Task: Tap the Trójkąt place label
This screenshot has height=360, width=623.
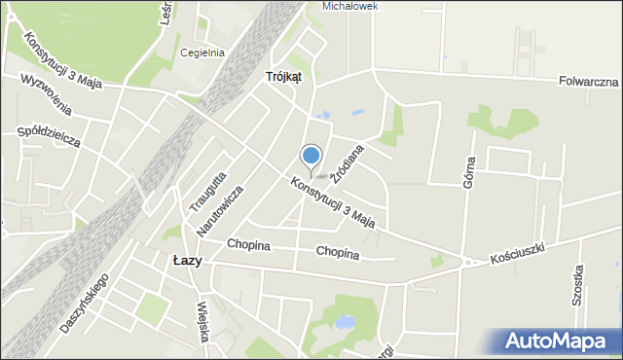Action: (283, 76)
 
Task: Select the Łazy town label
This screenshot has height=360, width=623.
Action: (186, 260)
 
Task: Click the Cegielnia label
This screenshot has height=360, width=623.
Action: (202, 54)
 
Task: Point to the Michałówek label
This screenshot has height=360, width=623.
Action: (350, 6)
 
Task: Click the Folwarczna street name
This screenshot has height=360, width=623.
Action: (590, 83)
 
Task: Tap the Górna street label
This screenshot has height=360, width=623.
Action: (469, 171)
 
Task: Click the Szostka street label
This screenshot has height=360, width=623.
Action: (578, 285)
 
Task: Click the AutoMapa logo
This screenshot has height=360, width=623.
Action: (559, 342)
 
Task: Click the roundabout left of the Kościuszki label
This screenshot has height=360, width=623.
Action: (468, 262)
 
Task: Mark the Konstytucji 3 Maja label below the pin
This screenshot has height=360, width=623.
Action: (333, 201)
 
